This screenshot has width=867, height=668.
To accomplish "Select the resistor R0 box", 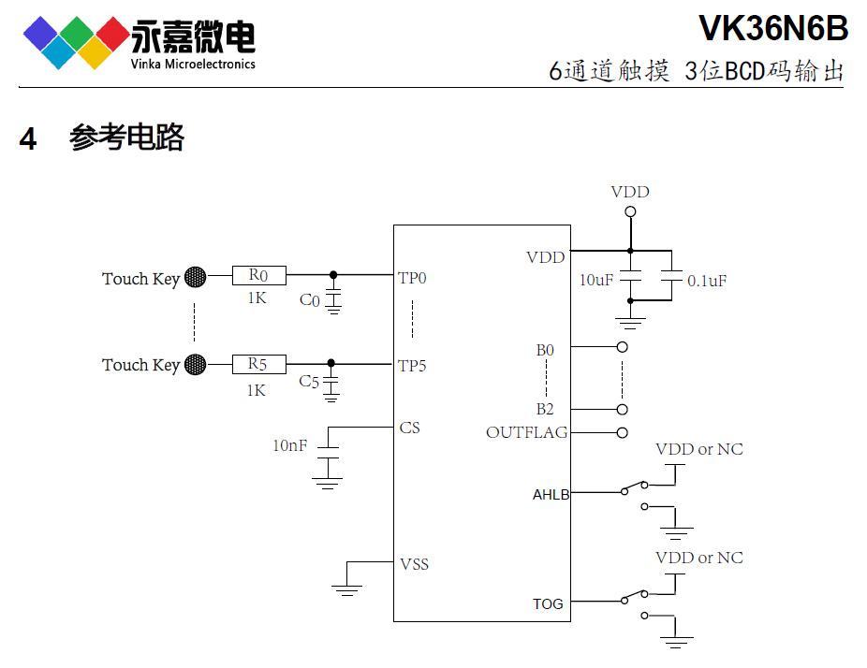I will click(x=258, y=275).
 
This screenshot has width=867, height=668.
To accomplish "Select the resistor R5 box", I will click(x=258, y=364).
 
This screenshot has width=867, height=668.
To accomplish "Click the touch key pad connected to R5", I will click(x=195, y=364).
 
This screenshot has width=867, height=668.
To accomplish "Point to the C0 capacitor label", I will click(x=309, y=300).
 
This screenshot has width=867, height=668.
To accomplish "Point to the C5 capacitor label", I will click(x=309, y=382).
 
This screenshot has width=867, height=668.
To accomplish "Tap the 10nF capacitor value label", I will click(x=289, y=446).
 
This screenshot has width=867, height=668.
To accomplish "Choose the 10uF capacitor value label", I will click(x=596, y=280).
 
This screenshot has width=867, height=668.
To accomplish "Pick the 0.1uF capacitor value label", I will click(x=707, y=281).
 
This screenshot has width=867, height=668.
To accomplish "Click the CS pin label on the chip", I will click(x=409, y=428).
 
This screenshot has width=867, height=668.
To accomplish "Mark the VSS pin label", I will click(x=415, y=564).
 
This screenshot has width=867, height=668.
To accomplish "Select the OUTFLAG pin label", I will click(x=526, y=432).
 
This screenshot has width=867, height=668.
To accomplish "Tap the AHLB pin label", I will click(x=551, y=495).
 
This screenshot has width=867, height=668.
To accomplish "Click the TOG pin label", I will click(x=548, y=603).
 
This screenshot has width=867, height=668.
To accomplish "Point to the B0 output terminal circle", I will click(x=623, y=347).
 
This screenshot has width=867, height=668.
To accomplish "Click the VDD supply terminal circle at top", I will click(x=630, y=212).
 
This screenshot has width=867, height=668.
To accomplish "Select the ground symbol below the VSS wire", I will click(x=346, y=589).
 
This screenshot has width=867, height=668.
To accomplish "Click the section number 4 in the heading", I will click(x=28, y=139).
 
